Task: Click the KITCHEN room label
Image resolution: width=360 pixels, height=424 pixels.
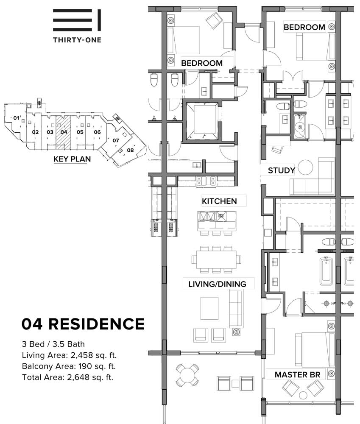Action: click(219, 201)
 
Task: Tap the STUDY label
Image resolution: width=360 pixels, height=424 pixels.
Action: click(281, 170)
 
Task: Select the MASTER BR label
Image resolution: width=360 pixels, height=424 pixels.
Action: click(298, 374)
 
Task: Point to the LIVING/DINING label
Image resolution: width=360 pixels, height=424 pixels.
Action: click(217, 284)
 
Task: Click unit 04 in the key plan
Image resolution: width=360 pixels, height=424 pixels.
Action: click(64, 132)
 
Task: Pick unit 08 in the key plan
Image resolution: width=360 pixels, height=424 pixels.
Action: click(130, 150)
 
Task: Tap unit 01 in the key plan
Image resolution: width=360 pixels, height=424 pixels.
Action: click(17, 118)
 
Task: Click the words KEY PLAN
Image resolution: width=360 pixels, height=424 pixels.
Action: click(72, 159)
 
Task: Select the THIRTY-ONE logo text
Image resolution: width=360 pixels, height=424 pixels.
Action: click(77, 40)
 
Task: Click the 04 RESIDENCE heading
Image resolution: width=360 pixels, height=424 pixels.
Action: click(83, 324)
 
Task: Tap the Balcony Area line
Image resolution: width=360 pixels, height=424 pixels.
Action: click(69, 366)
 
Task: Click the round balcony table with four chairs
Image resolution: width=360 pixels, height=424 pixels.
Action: click(187, 375)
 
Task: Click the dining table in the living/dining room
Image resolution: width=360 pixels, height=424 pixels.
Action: click(216, 259)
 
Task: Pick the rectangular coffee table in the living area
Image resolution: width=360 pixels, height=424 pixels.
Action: click(209, 308)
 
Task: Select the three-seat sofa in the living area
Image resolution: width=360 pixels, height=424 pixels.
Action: click(236, 308)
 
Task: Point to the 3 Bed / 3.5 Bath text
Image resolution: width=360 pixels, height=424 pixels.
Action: click(53, 344)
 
